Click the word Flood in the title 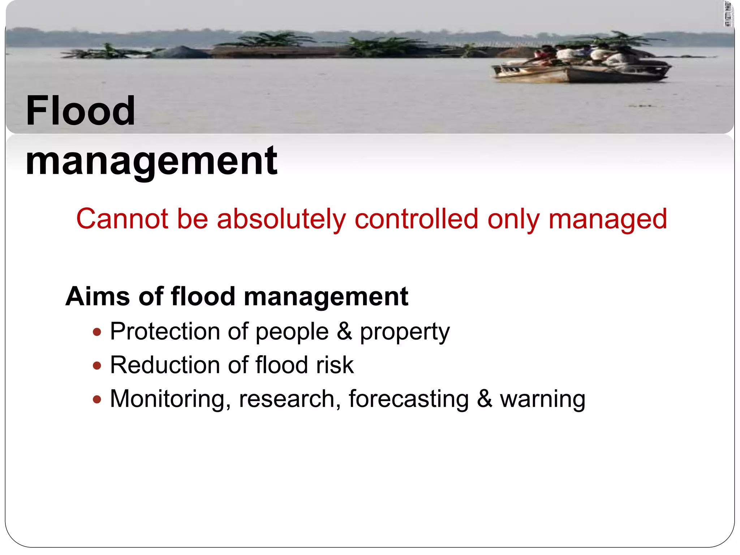point(80,111)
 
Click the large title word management point(151,160)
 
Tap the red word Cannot point(122,219)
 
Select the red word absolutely point(281,219)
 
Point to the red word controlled point(417,219)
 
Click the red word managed point(608,219)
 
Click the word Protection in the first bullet point(165,331)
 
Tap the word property point(405,331)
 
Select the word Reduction point(164,365)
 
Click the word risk point(335,365)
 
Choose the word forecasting point(409,399)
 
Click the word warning point(542,399)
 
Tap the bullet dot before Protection point(97,332)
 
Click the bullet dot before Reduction point(97,366)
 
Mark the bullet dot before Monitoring point(97,399)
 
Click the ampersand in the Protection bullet point(344,331)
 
